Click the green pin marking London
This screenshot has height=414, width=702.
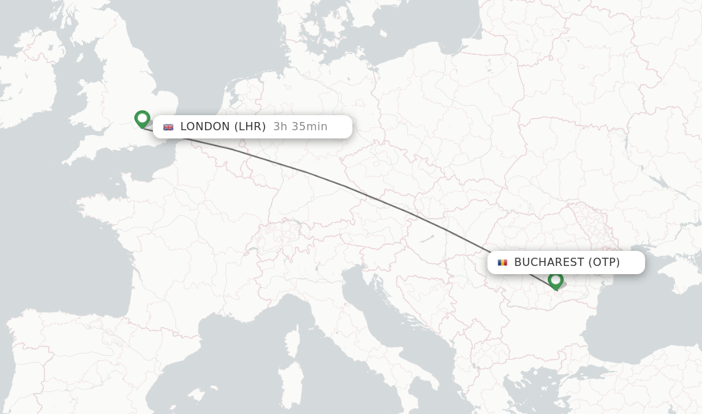click(142, 119)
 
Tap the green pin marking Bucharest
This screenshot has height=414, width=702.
click(555, 280)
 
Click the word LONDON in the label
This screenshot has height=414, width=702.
click(205, 126)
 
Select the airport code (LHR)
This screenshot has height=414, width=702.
click(250, 126)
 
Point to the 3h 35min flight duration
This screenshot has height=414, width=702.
click(300, 126)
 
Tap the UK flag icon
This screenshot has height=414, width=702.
click(168, 127)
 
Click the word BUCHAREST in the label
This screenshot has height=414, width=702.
click(548, 262)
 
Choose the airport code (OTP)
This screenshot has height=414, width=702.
click(604, 262)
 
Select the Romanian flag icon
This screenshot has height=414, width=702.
click(503, 263)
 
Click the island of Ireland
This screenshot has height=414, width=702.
click(27, 89)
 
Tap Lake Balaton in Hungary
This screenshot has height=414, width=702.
click(426, 238)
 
